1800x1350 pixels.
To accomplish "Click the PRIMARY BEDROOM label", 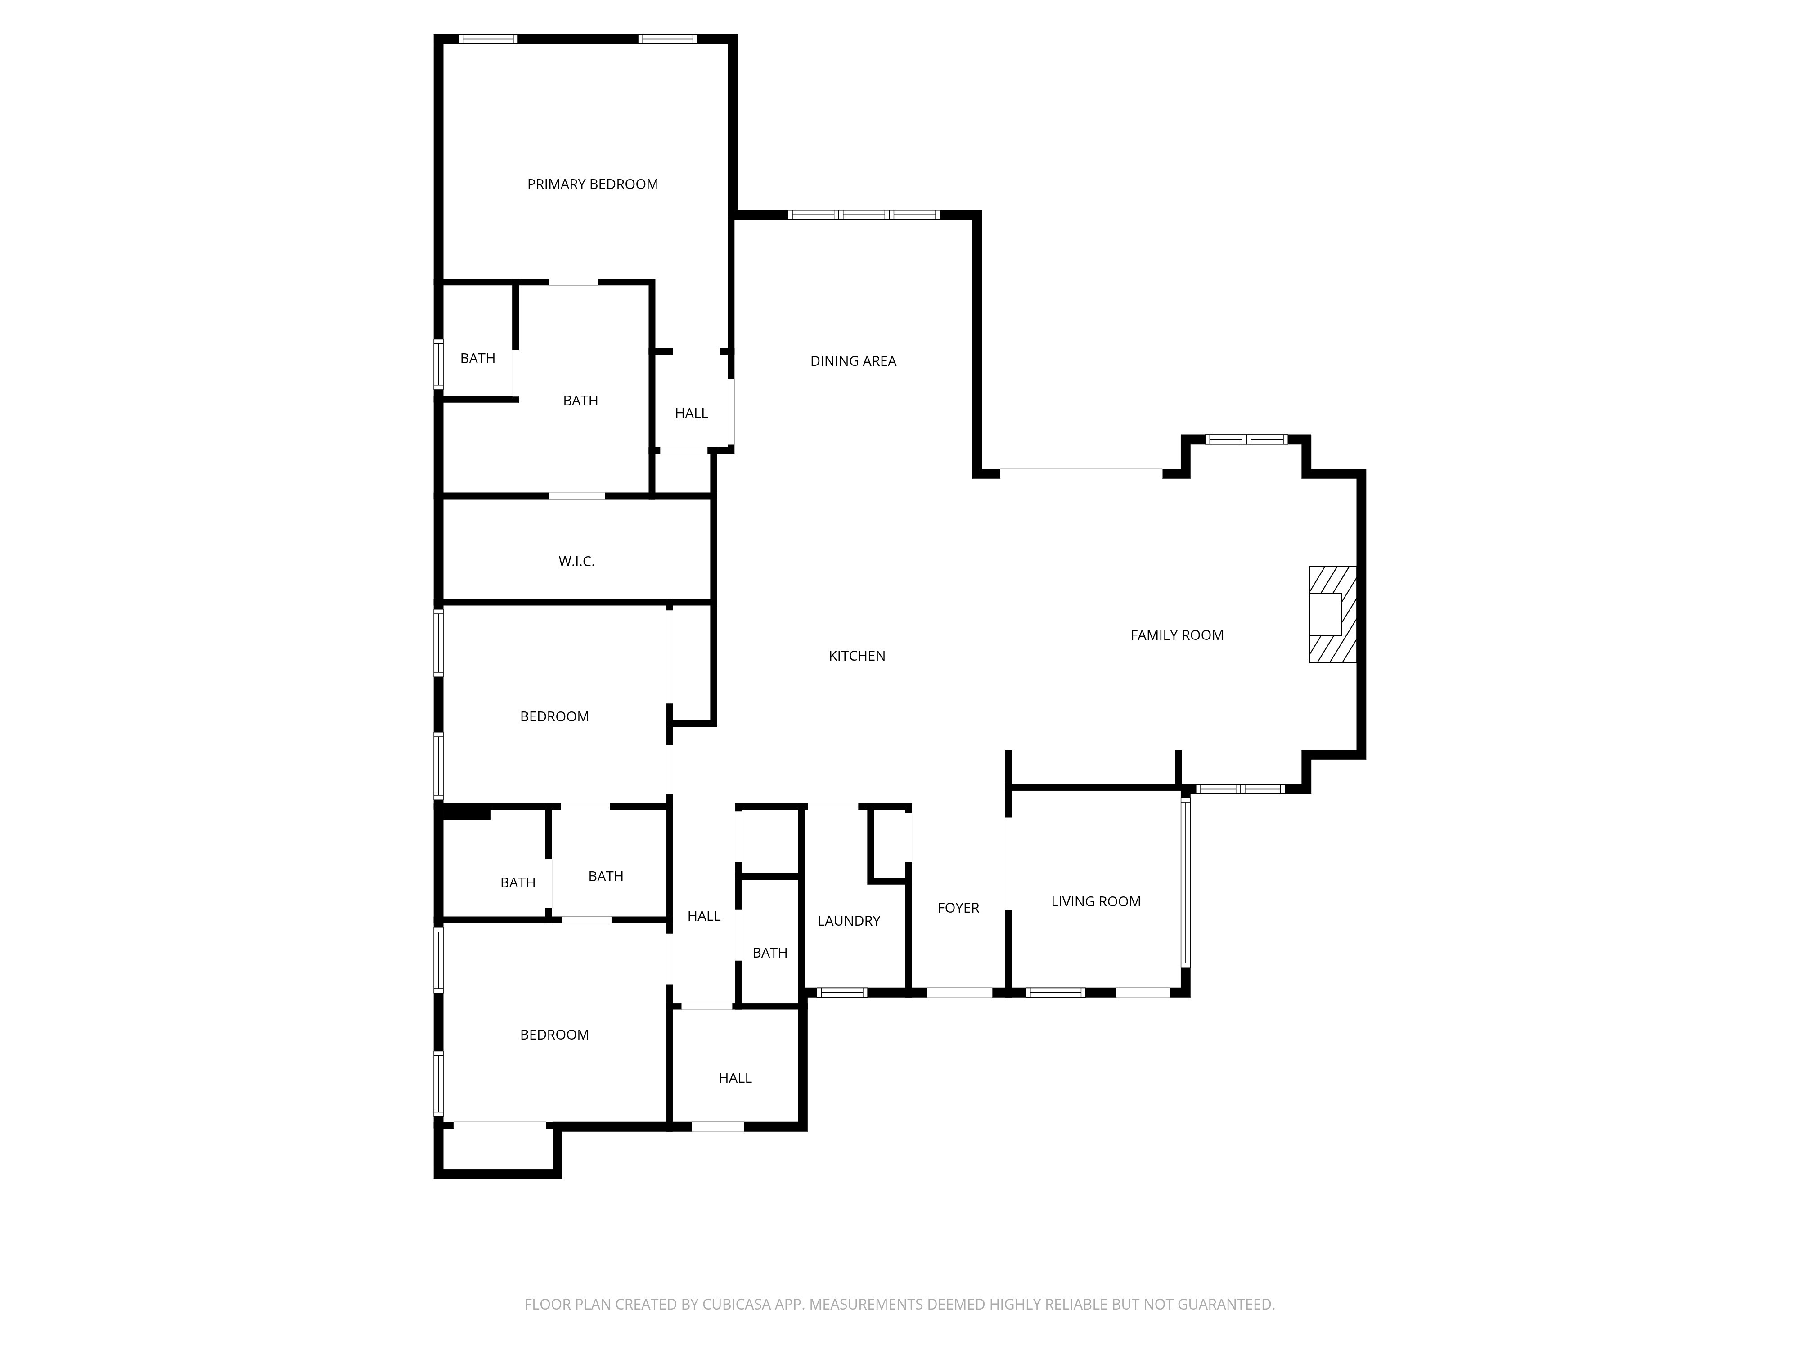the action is [x=592, y=184].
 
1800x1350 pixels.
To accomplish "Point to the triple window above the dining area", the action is [x=864, y=215].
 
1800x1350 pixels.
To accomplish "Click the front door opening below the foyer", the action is [x=959, y=992].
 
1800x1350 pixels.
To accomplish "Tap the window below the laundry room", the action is [x=841, y=992].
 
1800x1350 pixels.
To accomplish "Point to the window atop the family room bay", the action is [x=1246, y=439].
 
